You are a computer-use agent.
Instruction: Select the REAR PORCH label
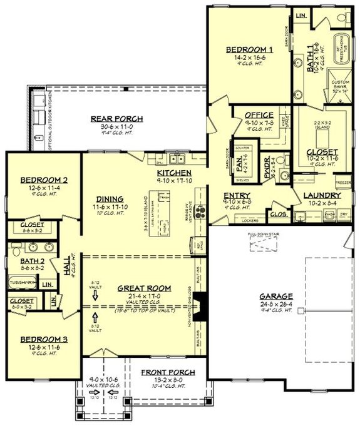(x=116, y=119)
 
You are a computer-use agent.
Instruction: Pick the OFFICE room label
(x=259, y=115)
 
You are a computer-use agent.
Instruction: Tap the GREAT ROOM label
(x=140, y=288)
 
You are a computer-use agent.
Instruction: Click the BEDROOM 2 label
(x=43, y=180)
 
